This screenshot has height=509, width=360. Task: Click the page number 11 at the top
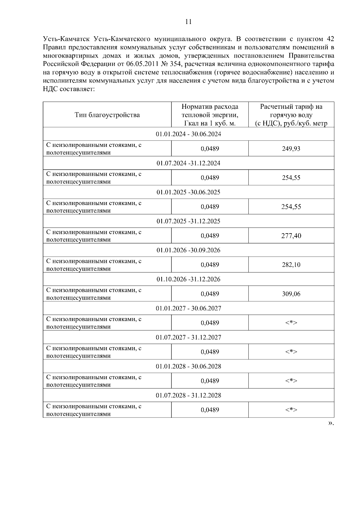click(x=188, y=22)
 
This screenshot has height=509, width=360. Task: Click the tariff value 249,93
click(x=291, y=149)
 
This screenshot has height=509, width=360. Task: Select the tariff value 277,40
click(x=291, y=236)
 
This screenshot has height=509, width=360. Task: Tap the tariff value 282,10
click(x=291, y=265)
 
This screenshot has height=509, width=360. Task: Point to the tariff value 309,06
click(x=291, y=294)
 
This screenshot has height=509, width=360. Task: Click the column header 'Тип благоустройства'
click(x=107, y=115)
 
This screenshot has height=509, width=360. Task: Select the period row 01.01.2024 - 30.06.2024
click(x=188, y=134)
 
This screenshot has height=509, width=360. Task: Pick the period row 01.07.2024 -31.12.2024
click(x=188, y=163)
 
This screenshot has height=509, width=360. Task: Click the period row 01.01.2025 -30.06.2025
click(x=188, y=192)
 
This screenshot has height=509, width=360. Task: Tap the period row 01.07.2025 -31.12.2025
click(x=188, y=221)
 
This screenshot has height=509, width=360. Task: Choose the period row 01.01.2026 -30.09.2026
click(x=188, y=250)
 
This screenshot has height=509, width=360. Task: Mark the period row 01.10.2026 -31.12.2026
click(x=188, y=279)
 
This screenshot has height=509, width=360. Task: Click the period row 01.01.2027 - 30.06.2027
click(x=188, y=308)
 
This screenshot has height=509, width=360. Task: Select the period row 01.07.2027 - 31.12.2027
click(x=188, y=338)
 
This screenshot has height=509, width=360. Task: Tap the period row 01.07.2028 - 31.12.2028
click(x=188, y=395)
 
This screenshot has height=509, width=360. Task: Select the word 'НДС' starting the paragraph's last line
click(x=50, y=89)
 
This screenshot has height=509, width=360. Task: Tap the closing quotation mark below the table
click(x=330, y=423)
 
